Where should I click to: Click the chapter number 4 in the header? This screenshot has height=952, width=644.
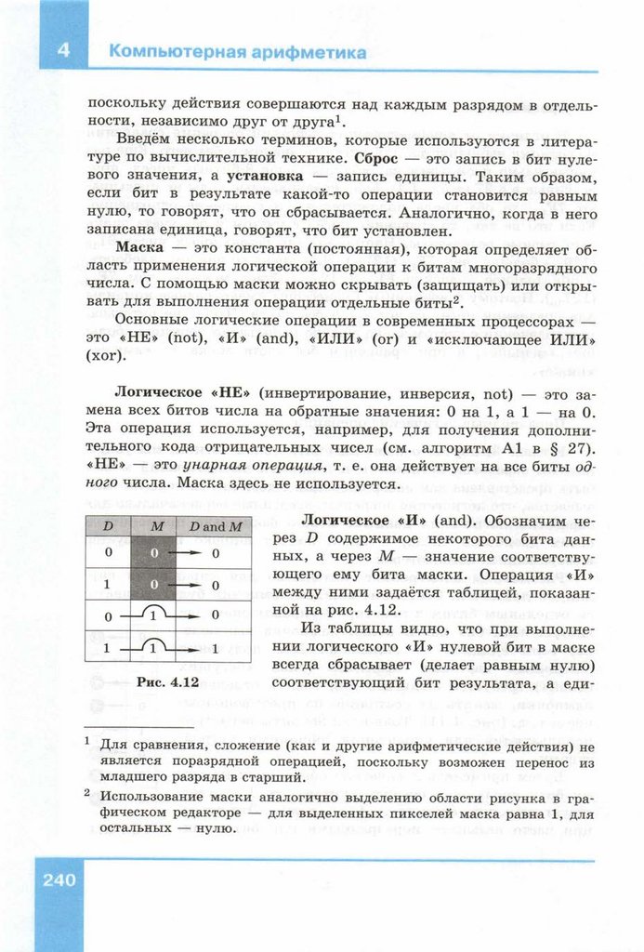click(63, 51)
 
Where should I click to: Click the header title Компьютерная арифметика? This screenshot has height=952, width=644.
click(238, 52)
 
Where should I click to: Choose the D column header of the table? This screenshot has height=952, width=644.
click(108, 526)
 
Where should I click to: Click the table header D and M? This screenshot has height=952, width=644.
click(216, 526)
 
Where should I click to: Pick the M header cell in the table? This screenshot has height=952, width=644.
click(156, 526)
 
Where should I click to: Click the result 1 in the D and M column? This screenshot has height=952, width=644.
click(216, 648)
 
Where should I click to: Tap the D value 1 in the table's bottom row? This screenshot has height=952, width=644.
click(108, 648)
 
